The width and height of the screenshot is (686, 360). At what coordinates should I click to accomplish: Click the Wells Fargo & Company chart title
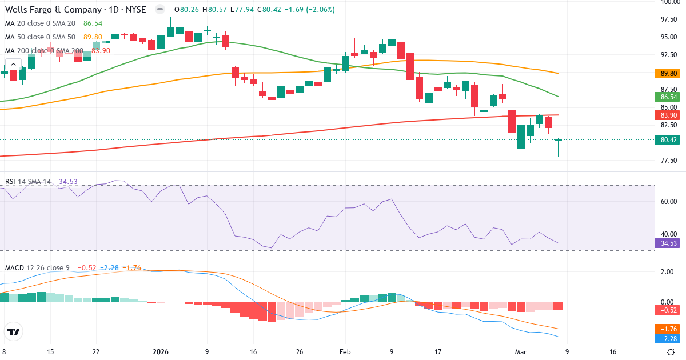(x=75, y=10)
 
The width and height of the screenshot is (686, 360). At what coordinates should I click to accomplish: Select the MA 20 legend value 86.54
(x=93, y=23)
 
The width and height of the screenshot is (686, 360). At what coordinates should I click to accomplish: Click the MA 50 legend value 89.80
(x=93, y=37)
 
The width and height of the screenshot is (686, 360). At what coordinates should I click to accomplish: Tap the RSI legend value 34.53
(x=68, y=182)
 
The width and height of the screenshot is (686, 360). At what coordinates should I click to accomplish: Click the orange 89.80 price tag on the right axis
(x=669, y=74)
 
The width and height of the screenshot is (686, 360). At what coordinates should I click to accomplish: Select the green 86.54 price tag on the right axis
(x=669, y=97)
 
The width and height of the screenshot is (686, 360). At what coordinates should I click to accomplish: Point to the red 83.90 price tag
(x=669, y=115)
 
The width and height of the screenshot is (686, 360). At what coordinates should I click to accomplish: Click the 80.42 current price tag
(x=669, y=140)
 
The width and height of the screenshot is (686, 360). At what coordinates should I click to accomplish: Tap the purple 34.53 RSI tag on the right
(x=669, y=243)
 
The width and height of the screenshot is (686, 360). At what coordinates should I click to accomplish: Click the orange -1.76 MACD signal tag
(x=669, y=329)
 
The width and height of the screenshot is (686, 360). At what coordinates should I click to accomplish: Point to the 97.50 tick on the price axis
(x=669, y=19)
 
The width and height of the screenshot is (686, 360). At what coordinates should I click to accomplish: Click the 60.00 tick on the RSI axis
(x=669, y=202)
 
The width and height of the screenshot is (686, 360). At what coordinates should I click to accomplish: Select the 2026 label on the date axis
(x=161, y=352)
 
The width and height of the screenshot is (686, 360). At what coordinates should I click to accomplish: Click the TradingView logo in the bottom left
(x=14, y=331)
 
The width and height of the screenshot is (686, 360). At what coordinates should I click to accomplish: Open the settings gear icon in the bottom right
(x=672, y=352)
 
